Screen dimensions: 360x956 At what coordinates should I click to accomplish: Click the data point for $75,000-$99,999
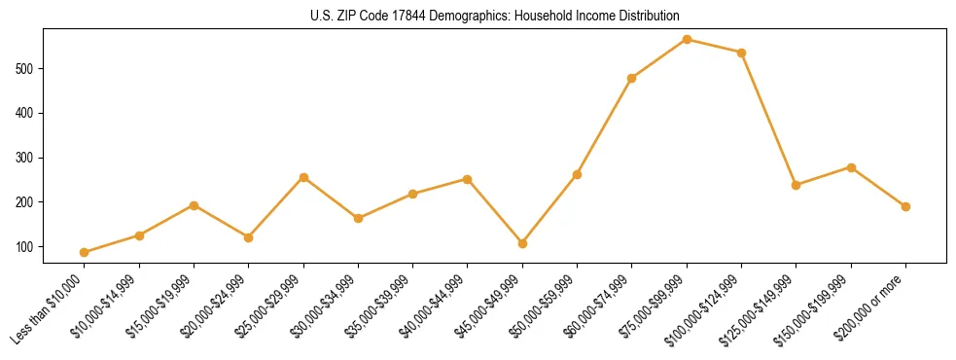tap(687, 40)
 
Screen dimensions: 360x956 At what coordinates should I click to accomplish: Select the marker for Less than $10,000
tap(85, 253)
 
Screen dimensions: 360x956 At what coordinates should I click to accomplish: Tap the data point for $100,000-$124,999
tap(741, 53)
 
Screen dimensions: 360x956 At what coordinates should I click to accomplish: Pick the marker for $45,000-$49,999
tap(522, 243)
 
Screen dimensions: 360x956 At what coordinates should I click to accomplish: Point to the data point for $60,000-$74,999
tap(632, 78)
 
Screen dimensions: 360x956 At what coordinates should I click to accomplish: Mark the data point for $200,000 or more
tap(905, 206)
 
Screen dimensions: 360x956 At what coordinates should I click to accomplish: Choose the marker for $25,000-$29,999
tap(303, 177)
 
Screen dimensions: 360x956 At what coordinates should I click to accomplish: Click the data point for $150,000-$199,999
tap(851, 167)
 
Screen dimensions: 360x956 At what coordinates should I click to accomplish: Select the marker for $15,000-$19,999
tap(194, 205)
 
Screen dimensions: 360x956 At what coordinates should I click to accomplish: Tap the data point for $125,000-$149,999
tap(797, 185)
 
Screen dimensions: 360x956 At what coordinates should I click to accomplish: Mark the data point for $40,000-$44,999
tap(468, 179)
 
